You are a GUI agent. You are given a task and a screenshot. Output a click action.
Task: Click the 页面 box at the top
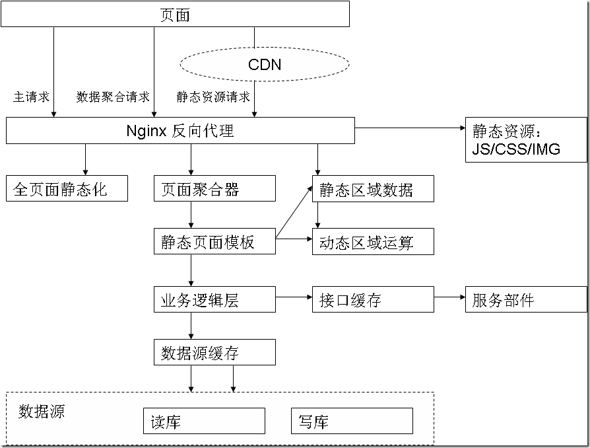click(175, 14)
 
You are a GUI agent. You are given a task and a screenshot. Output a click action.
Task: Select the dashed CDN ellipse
click(265, 64)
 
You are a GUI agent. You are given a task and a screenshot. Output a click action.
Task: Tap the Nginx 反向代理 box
click(180, 130)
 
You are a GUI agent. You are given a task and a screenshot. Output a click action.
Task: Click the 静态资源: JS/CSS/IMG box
click(526, 140)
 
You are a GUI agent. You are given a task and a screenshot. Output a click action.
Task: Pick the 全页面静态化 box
click(67, 188)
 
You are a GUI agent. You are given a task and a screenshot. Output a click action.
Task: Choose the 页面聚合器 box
click(214, 188)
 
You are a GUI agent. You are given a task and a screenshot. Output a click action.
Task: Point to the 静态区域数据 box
click(373, 189)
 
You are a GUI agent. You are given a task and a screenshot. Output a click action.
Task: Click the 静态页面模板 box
click(214, 241)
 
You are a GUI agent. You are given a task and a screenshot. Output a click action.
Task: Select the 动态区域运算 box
click(373, 242)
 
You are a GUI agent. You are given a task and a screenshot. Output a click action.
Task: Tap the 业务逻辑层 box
click(214, 299)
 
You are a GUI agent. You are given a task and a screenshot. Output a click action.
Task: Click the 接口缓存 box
click(373, 299)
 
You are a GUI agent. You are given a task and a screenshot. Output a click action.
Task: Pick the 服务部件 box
click(526, 299)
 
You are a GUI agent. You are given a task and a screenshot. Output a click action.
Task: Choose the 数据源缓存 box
click(214, 352)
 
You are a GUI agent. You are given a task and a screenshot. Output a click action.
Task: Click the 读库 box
click(204, 421)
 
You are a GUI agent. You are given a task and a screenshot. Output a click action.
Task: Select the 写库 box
click(352, 421)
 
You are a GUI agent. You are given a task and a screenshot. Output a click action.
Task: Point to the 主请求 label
click(31, 97)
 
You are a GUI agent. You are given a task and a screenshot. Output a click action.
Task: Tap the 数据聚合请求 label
click(113, 97)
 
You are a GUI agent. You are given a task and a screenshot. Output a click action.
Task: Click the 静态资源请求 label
click(213, 97)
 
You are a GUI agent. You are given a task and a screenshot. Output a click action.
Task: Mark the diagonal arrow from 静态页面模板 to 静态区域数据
click(294, 211)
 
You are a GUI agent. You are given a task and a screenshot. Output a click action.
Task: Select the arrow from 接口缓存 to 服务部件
click(449, 297)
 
